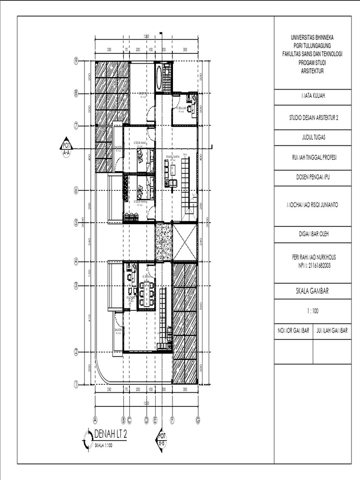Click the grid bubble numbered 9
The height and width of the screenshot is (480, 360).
[75, 60]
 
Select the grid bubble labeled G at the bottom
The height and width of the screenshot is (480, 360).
[198, 420]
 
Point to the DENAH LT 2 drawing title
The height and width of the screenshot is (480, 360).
[111, 434]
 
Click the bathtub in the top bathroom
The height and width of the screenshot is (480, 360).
[159, 77]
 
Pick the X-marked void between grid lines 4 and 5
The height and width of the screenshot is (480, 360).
[185, 242]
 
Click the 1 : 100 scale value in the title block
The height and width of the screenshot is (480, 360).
[313, 310]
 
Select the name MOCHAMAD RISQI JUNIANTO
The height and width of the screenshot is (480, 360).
[313, 205]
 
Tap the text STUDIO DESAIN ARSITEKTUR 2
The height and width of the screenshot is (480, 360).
[313, 119]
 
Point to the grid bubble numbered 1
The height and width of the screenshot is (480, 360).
[75, 384]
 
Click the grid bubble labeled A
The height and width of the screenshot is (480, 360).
[95, 420]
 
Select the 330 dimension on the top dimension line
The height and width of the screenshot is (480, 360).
[109, 49]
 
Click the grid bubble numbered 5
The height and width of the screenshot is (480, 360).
[75, 223]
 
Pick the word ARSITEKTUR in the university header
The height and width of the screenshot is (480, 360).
[313, 71]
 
